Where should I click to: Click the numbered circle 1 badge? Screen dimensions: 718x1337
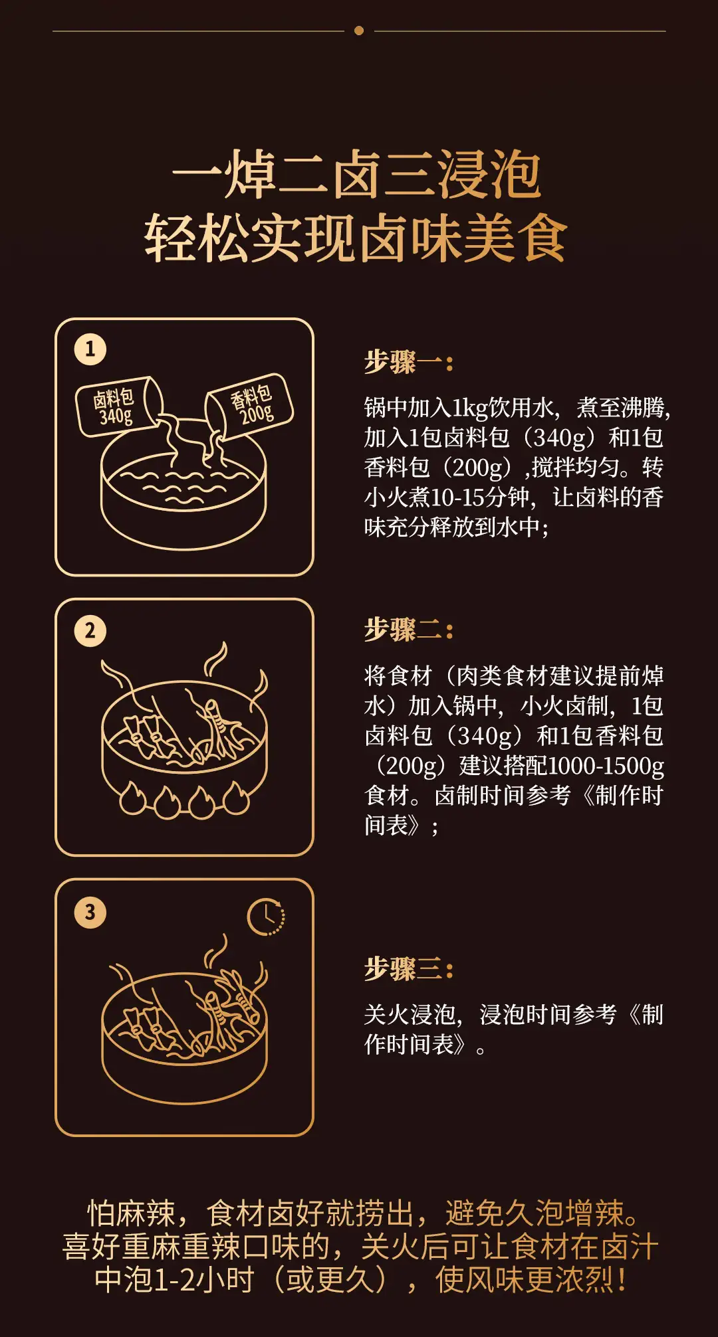(90, 349)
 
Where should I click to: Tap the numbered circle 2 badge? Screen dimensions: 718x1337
(90, 630)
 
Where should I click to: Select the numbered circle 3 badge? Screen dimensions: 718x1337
(90, 912)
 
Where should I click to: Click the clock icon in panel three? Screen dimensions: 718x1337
(266, 917)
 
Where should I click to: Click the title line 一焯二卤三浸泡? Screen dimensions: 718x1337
(357, 175)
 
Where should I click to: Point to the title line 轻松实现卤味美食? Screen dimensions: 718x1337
(357, 238)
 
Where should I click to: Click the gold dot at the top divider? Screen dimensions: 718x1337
(359, 31)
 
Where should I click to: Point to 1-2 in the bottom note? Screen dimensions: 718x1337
(174, 1280)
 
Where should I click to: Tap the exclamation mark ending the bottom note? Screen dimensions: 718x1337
(622, 1280)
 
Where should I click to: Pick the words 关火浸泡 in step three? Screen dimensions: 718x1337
(409, 1015)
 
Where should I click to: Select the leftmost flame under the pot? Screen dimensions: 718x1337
(132, 798)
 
